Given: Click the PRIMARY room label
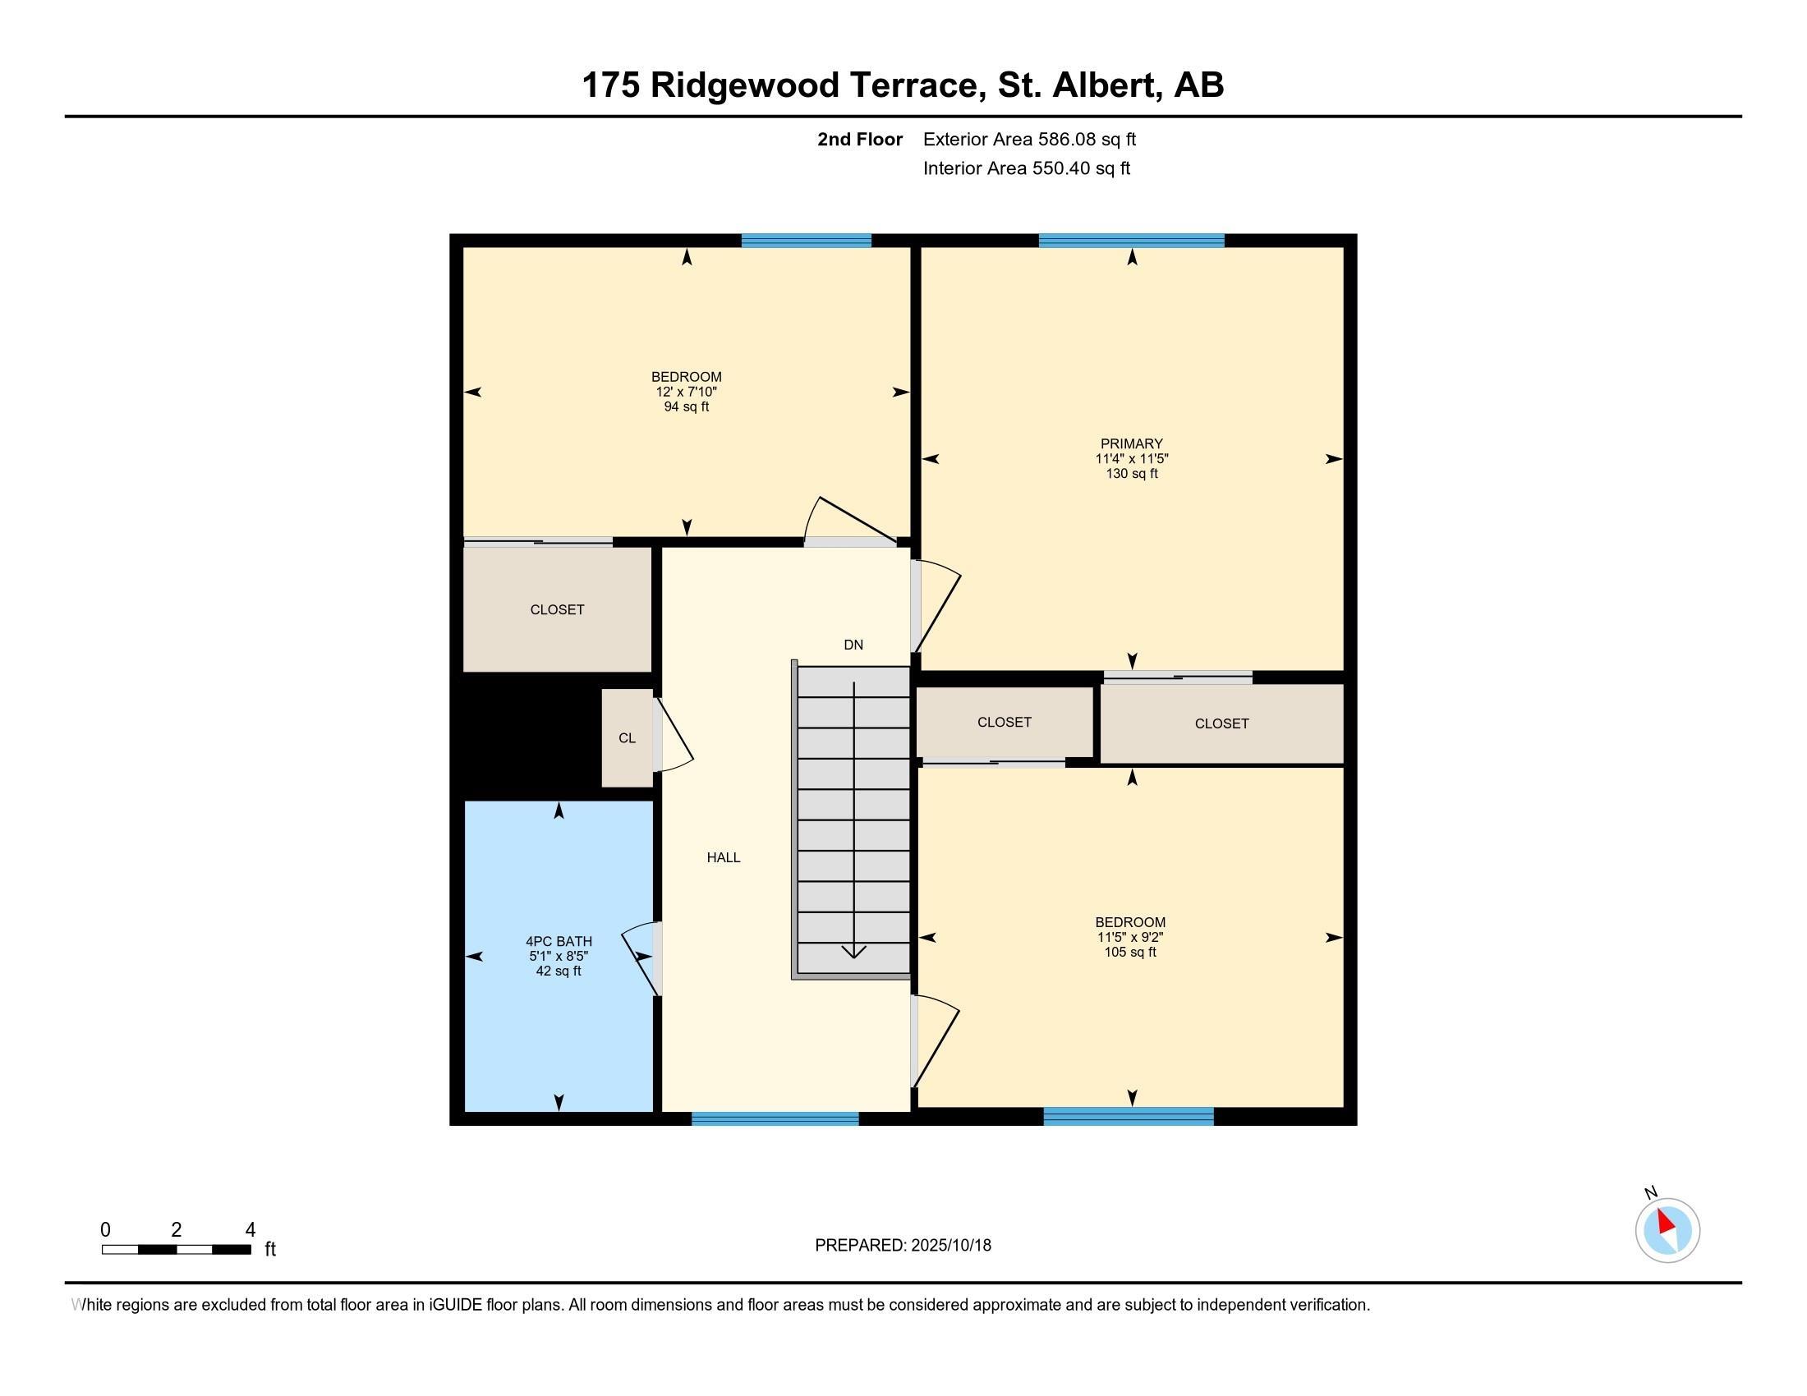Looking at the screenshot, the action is click(x=1131, y=443).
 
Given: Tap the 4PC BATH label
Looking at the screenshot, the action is click(x=559, y=940).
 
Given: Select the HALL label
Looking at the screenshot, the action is click(x=723, y=857).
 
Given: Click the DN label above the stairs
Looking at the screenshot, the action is click(x=853, y=645).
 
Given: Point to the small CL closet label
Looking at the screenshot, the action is click(x=628, y=737).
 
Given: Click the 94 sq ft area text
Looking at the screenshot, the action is click(x=686, y=406).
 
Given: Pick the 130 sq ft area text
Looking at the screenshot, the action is click(x=1131, y=474).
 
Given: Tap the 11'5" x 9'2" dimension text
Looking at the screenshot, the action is click(x=1130, y=937).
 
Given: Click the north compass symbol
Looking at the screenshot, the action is click(x=1667, y=1230).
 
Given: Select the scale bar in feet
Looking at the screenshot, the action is click(x=177, y=1249).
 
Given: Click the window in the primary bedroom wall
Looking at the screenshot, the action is click(x=1131, y=241).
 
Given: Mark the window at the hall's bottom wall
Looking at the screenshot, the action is click(x=775, y=1119).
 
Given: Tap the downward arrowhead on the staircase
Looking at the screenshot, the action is click(x=854, y=951).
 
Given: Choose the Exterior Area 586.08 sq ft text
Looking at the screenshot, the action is click(x=1029, y=139).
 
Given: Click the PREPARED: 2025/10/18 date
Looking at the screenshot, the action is click(x=903, y=1245).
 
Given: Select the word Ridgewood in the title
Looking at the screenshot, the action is click(x=745, y=85).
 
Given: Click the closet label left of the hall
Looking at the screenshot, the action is click(x=557, y=609).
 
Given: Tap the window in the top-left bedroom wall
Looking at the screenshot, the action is click(x=806, y=241).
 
